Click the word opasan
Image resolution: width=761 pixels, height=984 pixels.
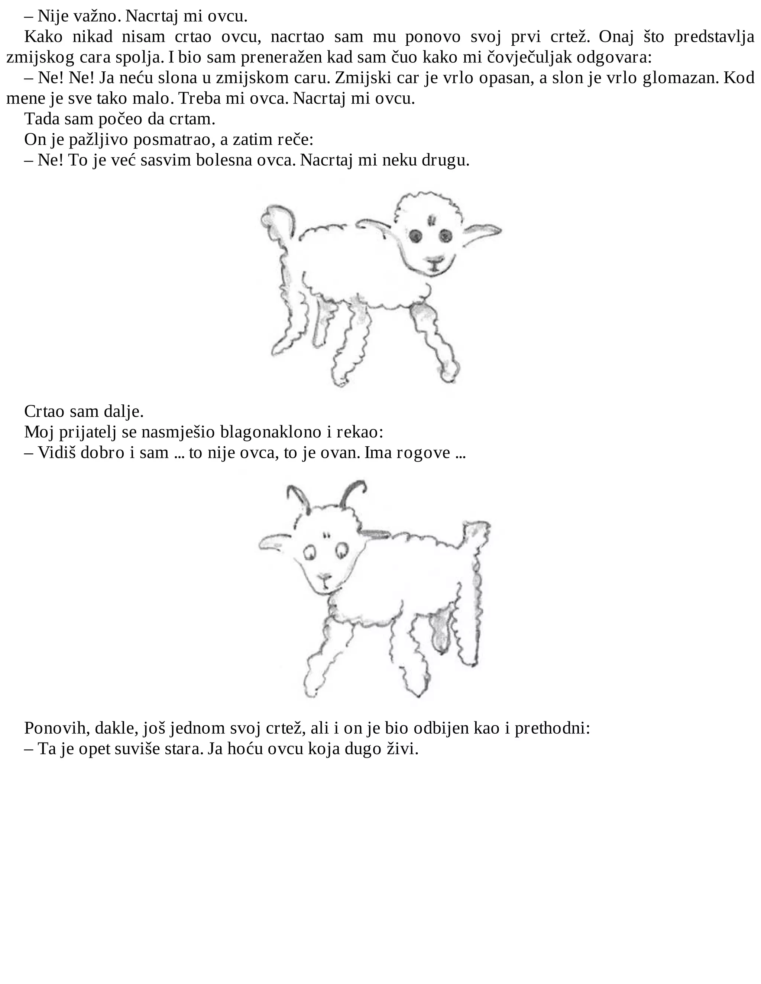coord(507,78)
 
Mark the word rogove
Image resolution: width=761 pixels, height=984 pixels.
coord(423,453)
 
